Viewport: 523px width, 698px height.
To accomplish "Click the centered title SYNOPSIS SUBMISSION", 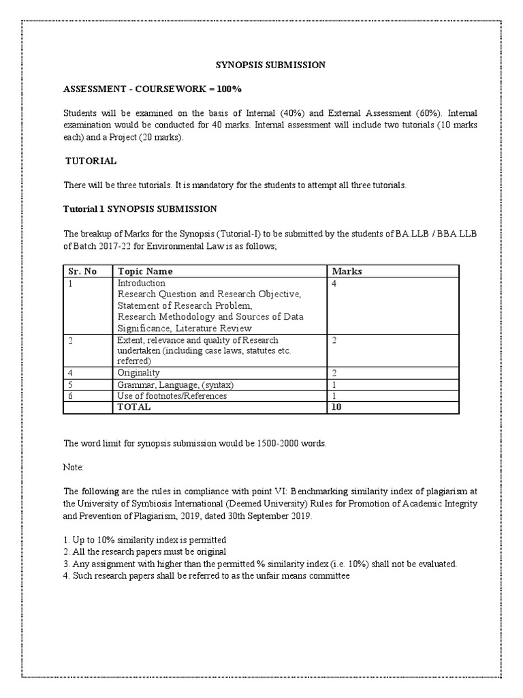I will (x=270, y=65).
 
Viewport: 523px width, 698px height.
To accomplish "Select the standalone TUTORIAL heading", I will (x=91, y=162).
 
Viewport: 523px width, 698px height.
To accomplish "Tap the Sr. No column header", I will (x=82, y=271).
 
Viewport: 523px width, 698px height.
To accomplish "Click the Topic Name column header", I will (x=145, y=271).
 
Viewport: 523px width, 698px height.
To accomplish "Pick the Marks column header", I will (x=347, y=271).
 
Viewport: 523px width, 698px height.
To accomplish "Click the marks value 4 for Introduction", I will (x=334, y=283).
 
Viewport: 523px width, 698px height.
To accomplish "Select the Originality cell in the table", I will (x=138, y=373).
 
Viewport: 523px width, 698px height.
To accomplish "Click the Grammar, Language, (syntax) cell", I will (x=176, y=384).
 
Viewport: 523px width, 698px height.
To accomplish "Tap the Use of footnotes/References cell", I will (x=172, y=396).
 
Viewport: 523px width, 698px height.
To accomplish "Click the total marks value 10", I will (x=337, y=407).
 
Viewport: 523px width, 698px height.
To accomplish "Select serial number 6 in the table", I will (x=70, y=396).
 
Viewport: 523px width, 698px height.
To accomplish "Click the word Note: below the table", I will (x=74, y=468).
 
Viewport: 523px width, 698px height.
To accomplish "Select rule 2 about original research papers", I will (x=144, y=551).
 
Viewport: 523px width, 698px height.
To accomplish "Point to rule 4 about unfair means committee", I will (x=206, y=576).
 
